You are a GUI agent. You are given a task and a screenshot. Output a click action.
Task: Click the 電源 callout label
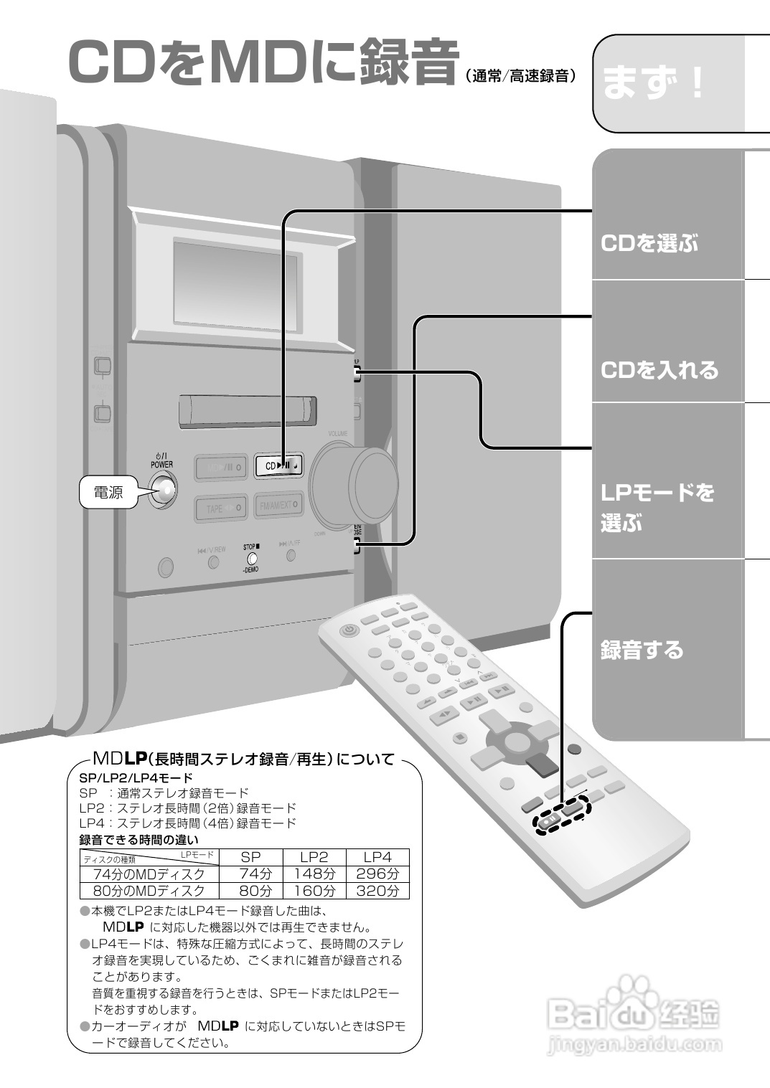pyautogui.click(x=108, y=493)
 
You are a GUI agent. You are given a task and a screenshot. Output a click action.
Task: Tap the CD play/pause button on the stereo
pyautogui.click(x=278, y=466)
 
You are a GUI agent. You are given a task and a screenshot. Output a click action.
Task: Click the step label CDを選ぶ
pyautogui.click(x=649, y=243)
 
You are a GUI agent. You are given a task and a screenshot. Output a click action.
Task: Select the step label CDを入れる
pyautogui.click(x=659, y=370)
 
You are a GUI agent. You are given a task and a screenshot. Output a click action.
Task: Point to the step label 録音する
pyautogui.click(x=642, y=650)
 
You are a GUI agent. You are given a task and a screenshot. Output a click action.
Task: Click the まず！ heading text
pyautogui.click(x=653, y=83)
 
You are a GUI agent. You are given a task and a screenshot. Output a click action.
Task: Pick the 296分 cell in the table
pyautogui.click(x=377, y=874)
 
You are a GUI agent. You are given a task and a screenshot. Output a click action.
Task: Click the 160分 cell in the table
pyautogui.click(x=314, y=891)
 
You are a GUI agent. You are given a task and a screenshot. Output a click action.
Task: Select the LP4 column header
pyautogui.click(x=377, y=857)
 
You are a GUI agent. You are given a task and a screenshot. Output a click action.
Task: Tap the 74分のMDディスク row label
pyautogui.click(x=149, y=874)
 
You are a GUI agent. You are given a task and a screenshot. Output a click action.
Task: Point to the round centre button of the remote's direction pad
pyautogui.click(x=517, y=739)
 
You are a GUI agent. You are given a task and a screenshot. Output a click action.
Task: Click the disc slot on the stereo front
pyautogui.click(x=248, y=410)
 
